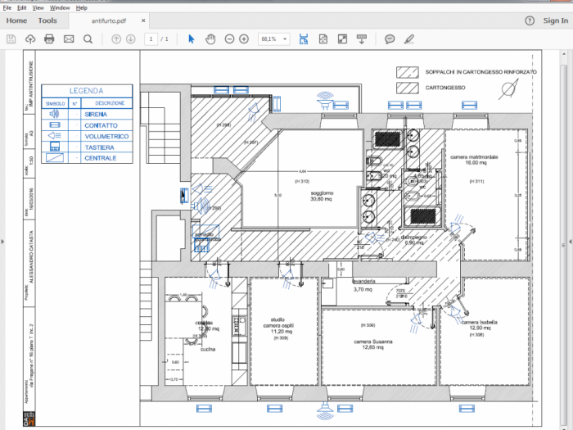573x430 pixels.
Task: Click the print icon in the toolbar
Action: (49, 38)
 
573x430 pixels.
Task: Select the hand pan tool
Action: (210, 38)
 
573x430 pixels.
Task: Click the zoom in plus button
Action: (244, 38)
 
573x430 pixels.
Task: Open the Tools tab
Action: (47, 20)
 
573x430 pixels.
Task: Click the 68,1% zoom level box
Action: (273, 38)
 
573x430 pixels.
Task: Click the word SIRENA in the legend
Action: (95, 115)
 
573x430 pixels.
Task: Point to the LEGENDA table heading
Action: (86, 91)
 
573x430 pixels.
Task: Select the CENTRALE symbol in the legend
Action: (56, 157)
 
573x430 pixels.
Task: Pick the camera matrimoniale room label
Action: (474, 159)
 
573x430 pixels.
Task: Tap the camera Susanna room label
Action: (373, 344)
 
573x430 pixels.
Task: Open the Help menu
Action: (81, 7)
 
